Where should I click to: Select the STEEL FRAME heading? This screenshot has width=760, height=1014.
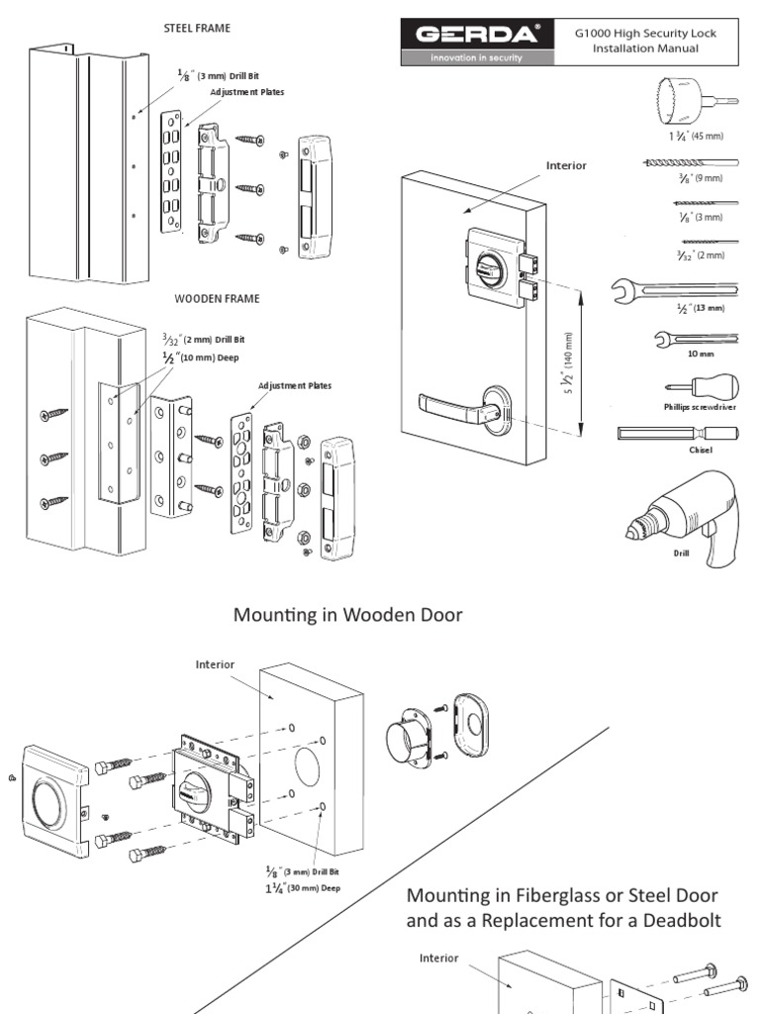tap(197, 29)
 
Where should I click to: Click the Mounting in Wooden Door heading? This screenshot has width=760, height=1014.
tap(348, 615)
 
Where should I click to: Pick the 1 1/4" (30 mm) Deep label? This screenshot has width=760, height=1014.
tap(303, 888)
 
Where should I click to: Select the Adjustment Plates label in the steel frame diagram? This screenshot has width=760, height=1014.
tap(246, 92)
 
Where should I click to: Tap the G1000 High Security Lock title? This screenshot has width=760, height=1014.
tap(645, 41)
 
